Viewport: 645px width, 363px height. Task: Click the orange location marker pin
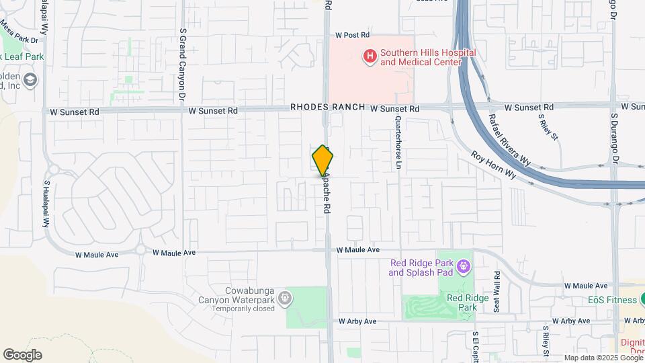(x=323, y=161)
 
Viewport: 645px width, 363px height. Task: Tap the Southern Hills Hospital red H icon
(x=369, y=56)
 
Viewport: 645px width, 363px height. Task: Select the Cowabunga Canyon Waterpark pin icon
(x=285, y=296)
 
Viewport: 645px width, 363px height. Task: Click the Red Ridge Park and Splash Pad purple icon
(x=463, y=268)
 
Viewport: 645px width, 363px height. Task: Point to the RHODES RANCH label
(x=328, y=108)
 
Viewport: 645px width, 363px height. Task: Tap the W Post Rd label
(x=353, y=35)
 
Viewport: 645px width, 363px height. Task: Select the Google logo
(x=22, y=354)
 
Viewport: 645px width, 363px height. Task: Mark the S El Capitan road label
(x=475, y=347)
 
